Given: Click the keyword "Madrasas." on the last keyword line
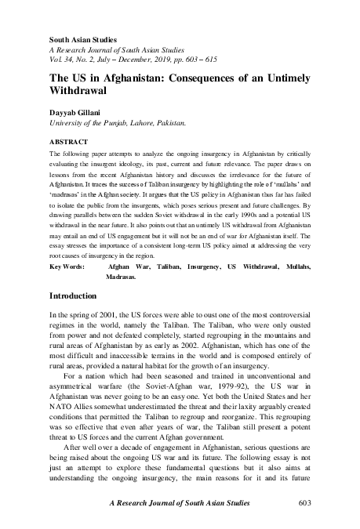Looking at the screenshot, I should (121, 277).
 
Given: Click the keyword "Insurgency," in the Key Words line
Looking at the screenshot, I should (198, 266).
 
